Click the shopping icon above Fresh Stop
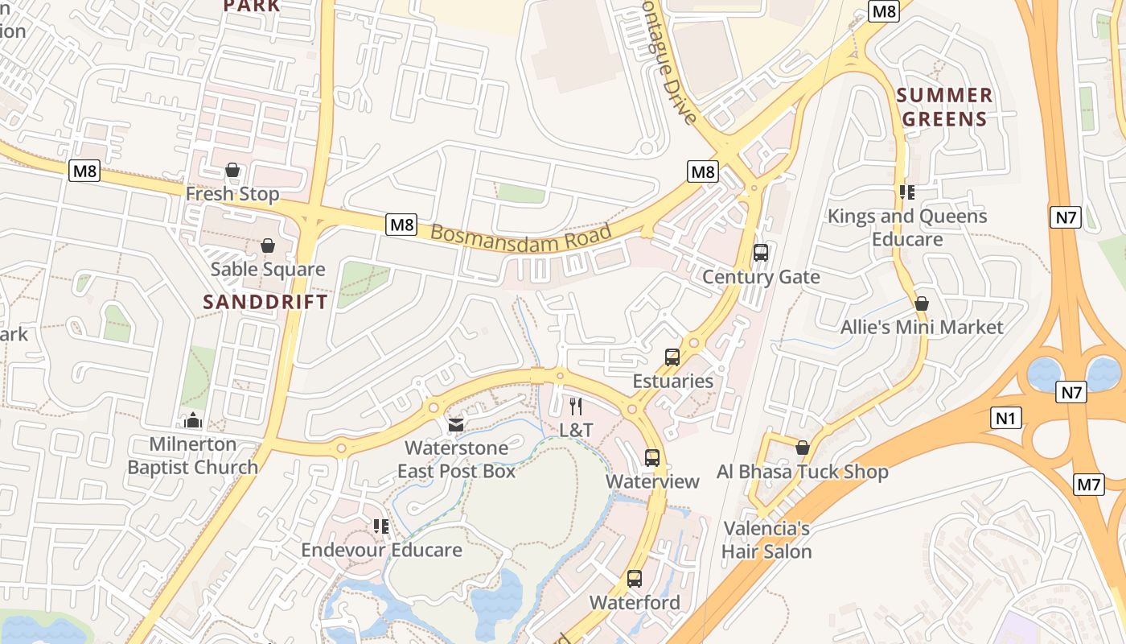pyautogui.click(x=232, y=170)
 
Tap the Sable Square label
pyautogui.click(x=268, y=270)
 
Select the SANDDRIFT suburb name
pyautogui.click(x=265, y=302)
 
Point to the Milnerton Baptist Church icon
pyautogui.click(x=192, y=420)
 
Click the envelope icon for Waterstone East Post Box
pyautogui.click(x=456, y=424)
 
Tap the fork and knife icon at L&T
pyautogui.click(x=576, y=407)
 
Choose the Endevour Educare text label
pyautogui.click(x=381, y=550)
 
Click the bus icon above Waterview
pyautogui.click(x=652, y=458)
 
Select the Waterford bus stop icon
pyautogui.click(x=635, y=579)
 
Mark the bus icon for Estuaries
pyautogui.click(x=672, y=357)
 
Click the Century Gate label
pyautogui.click(x=761, y=277)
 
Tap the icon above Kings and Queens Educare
pyautogui.click(x=907, y=192)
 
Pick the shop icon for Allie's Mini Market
pyautogui.click(x=922, y=303)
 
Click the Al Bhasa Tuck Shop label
pyautogui.click(x=802, y=472)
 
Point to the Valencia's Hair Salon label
pyautogui.click(x=766, y=540)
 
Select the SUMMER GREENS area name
pyautogui.click(x=944, y=107)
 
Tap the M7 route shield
pyautogui.click(x=1088, y=485)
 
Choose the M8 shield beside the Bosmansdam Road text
pyautogui.click(x=401, y=225)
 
